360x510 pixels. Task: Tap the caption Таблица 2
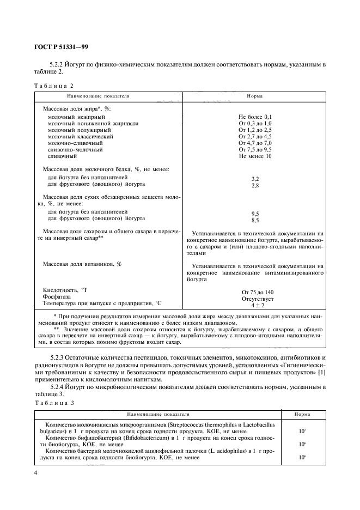tap(53, 86)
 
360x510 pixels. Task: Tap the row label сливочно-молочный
tap(75, 150)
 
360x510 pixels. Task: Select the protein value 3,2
tap(255, 179)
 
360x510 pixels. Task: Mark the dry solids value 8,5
tap(255, 221)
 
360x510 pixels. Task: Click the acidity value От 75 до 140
tap(255, 292)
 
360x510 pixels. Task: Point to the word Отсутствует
tap(255, 299)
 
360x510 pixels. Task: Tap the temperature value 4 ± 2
tap(255, 306)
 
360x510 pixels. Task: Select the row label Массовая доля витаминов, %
tap(82, 264)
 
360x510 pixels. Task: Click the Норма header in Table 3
tap(302, 414)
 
